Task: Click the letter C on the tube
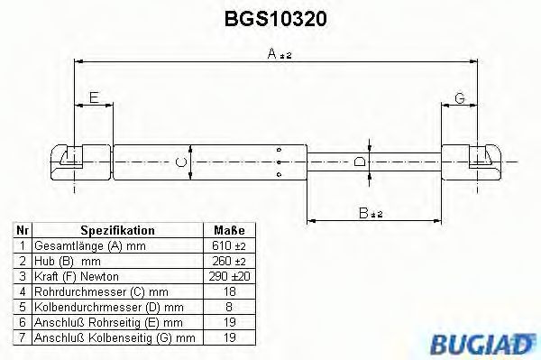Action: pos(179,162)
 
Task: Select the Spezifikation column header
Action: pos(118,232)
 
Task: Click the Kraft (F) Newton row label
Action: pos(77,276)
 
